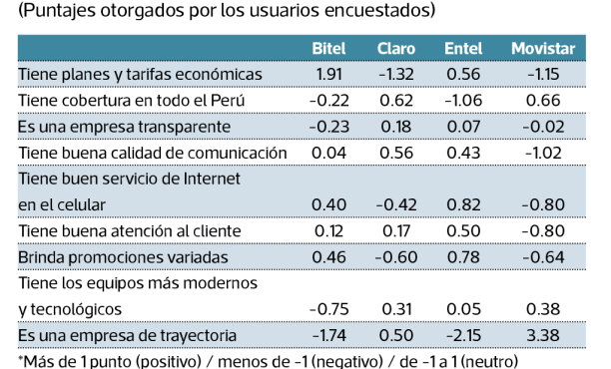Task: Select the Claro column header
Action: point(396,49)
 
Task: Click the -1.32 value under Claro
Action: point(395,75)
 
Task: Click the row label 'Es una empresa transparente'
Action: point(124,127)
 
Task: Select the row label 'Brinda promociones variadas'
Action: point(124,256)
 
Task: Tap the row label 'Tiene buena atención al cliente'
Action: point(135,230)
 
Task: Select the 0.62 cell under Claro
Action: point(396,101)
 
